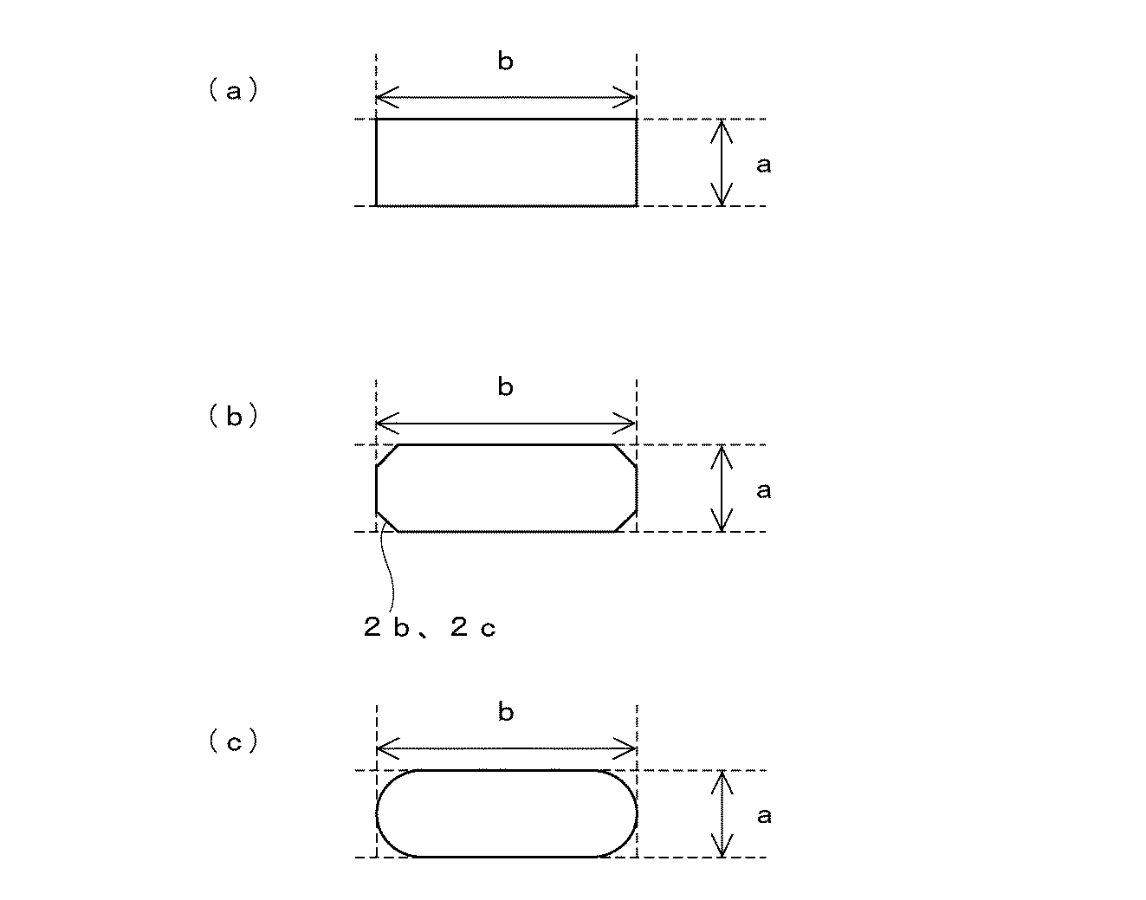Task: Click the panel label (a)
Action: click(233, 91)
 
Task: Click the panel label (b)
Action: click(233, 417)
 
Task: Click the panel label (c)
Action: click(233, 742)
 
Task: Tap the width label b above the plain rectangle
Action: click(505, 62)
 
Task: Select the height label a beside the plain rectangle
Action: click(763, 165)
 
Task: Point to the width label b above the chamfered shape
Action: click(505, 387)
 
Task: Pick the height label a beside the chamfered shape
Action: click(763, 490)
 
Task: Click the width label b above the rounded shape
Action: click(505, 713)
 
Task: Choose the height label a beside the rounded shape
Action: click(763, 815)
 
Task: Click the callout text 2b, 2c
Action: click(430, 628)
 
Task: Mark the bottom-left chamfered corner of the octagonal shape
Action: click(386, 521)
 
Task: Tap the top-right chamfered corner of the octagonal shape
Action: click(626, 456)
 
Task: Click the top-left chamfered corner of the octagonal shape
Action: click(386, 456)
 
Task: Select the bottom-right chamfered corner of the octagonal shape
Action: click(626, 521)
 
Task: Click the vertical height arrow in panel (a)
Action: click(722, 163)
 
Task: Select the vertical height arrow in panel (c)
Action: click(722, 814)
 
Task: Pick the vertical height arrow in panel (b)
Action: click(722, 489)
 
